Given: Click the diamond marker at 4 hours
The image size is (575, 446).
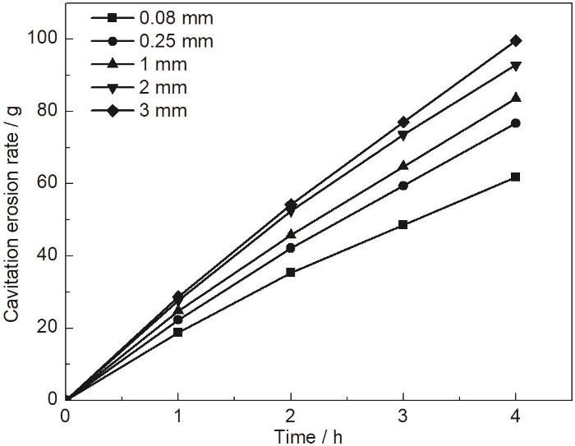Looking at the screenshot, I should point(516,40).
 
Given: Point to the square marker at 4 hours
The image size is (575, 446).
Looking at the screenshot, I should point(516,177).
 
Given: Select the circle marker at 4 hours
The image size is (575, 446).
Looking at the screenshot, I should point(516,123).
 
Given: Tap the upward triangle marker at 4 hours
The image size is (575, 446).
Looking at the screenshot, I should point(516,98).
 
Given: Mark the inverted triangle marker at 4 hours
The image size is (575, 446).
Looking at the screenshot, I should point(516,66).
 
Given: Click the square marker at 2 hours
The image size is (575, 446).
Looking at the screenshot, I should point(291,272).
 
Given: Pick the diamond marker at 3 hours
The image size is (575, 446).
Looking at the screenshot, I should point(403,122).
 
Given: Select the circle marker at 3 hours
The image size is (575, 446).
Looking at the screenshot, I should point(403,186).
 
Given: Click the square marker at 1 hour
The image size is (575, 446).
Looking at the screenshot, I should point(178,333).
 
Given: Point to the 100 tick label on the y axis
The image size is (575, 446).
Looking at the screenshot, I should point(44,39).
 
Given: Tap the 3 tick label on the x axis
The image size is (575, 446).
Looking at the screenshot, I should point(403,415).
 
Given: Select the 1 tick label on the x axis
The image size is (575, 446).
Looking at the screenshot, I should point(178,415).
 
